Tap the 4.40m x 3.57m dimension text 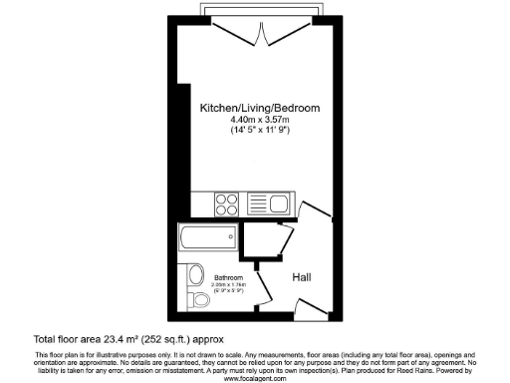pyautogui.click(x=246, y=119)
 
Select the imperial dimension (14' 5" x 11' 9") pyautogui.click(x=246, y=131)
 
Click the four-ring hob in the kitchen pyautogui.click(x=226, y=204)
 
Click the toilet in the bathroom pyautogui.click(x=198, y=299)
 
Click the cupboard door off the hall pyautogui.click(x=286, y=240)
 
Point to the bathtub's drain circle pyautogui.click(x=186, y=236)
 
